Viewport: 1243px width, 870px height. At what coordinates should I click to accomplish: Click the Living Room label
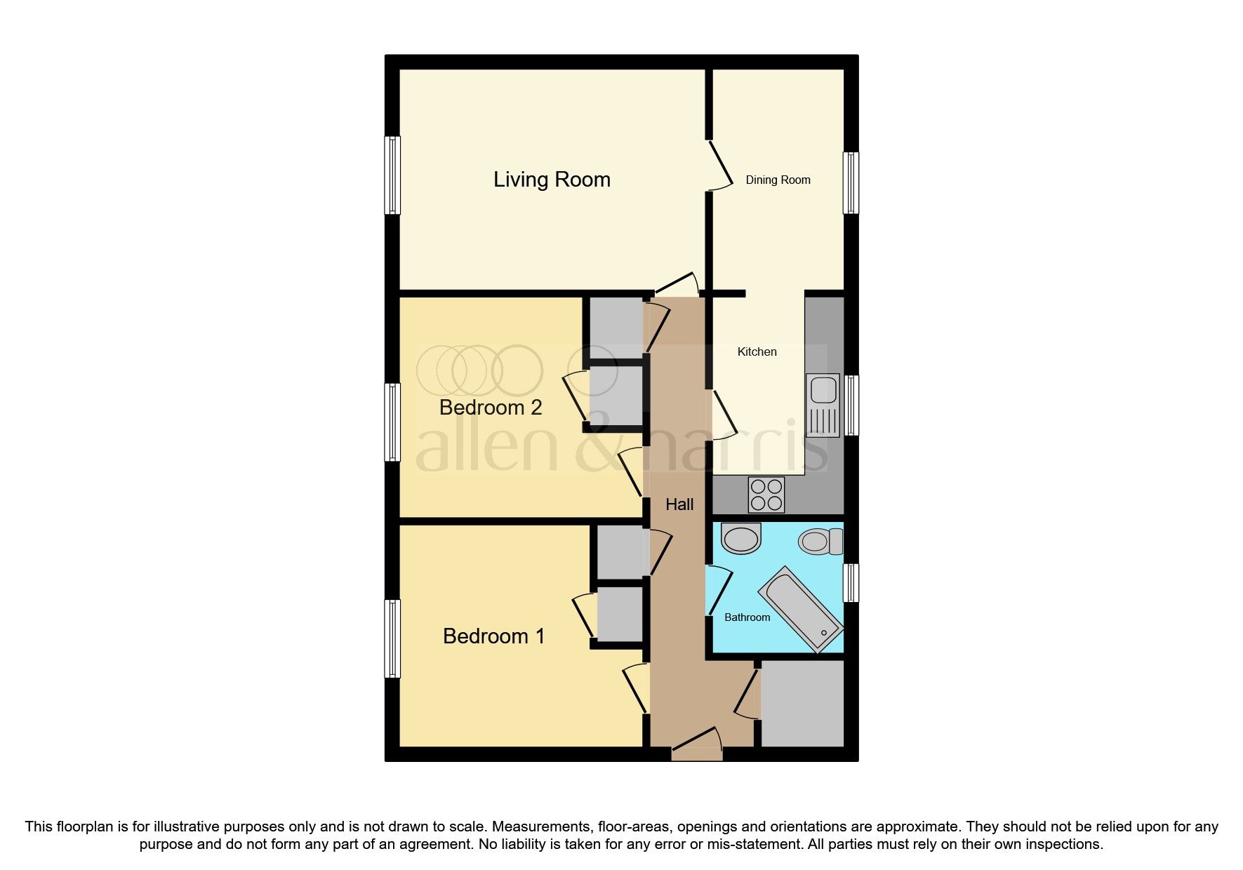[552, 180]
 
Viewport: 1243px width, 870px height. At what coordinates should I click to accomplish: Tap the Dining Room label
[778, 180]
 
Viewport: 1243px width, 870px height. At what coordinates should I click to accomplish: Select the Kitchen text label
[757, 352]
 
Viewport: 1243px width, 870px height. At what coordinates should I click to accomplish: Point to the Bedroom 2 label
[491, 408]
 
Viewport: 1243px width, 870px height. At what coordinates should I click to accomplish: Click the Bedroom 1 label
[493, 636]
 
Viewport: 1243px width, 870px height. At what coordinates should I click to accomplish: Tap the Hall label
[679, 504]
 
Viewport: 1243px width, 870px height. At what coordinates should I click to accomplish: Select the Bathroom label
[747, 617]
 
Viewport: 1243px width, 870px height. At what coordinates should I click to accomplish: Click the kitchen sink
[823, 406]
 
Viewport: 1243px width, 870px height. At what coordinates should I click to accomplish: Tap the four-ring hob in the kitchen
[766, 494]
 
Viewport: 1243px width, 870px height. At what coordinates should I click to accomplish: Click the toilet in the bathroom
[820, 542]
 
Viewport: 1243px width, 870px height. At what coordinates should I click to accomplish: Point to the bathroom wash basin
[741, 539]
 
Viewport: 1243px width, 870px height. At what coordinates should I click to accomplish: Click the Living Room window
[392, 175]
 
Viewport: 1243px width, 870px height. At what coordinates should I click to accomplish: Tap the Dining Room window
[851, 182]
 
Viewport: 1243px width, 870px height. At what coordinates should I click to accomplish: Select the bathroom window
[851, 582]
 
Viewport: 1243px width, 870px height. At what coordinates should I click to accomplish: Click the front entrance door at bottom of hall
[697, 747]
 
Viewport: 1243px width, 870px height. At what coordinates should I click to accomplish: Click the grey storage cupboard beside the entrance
[802, 703]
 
